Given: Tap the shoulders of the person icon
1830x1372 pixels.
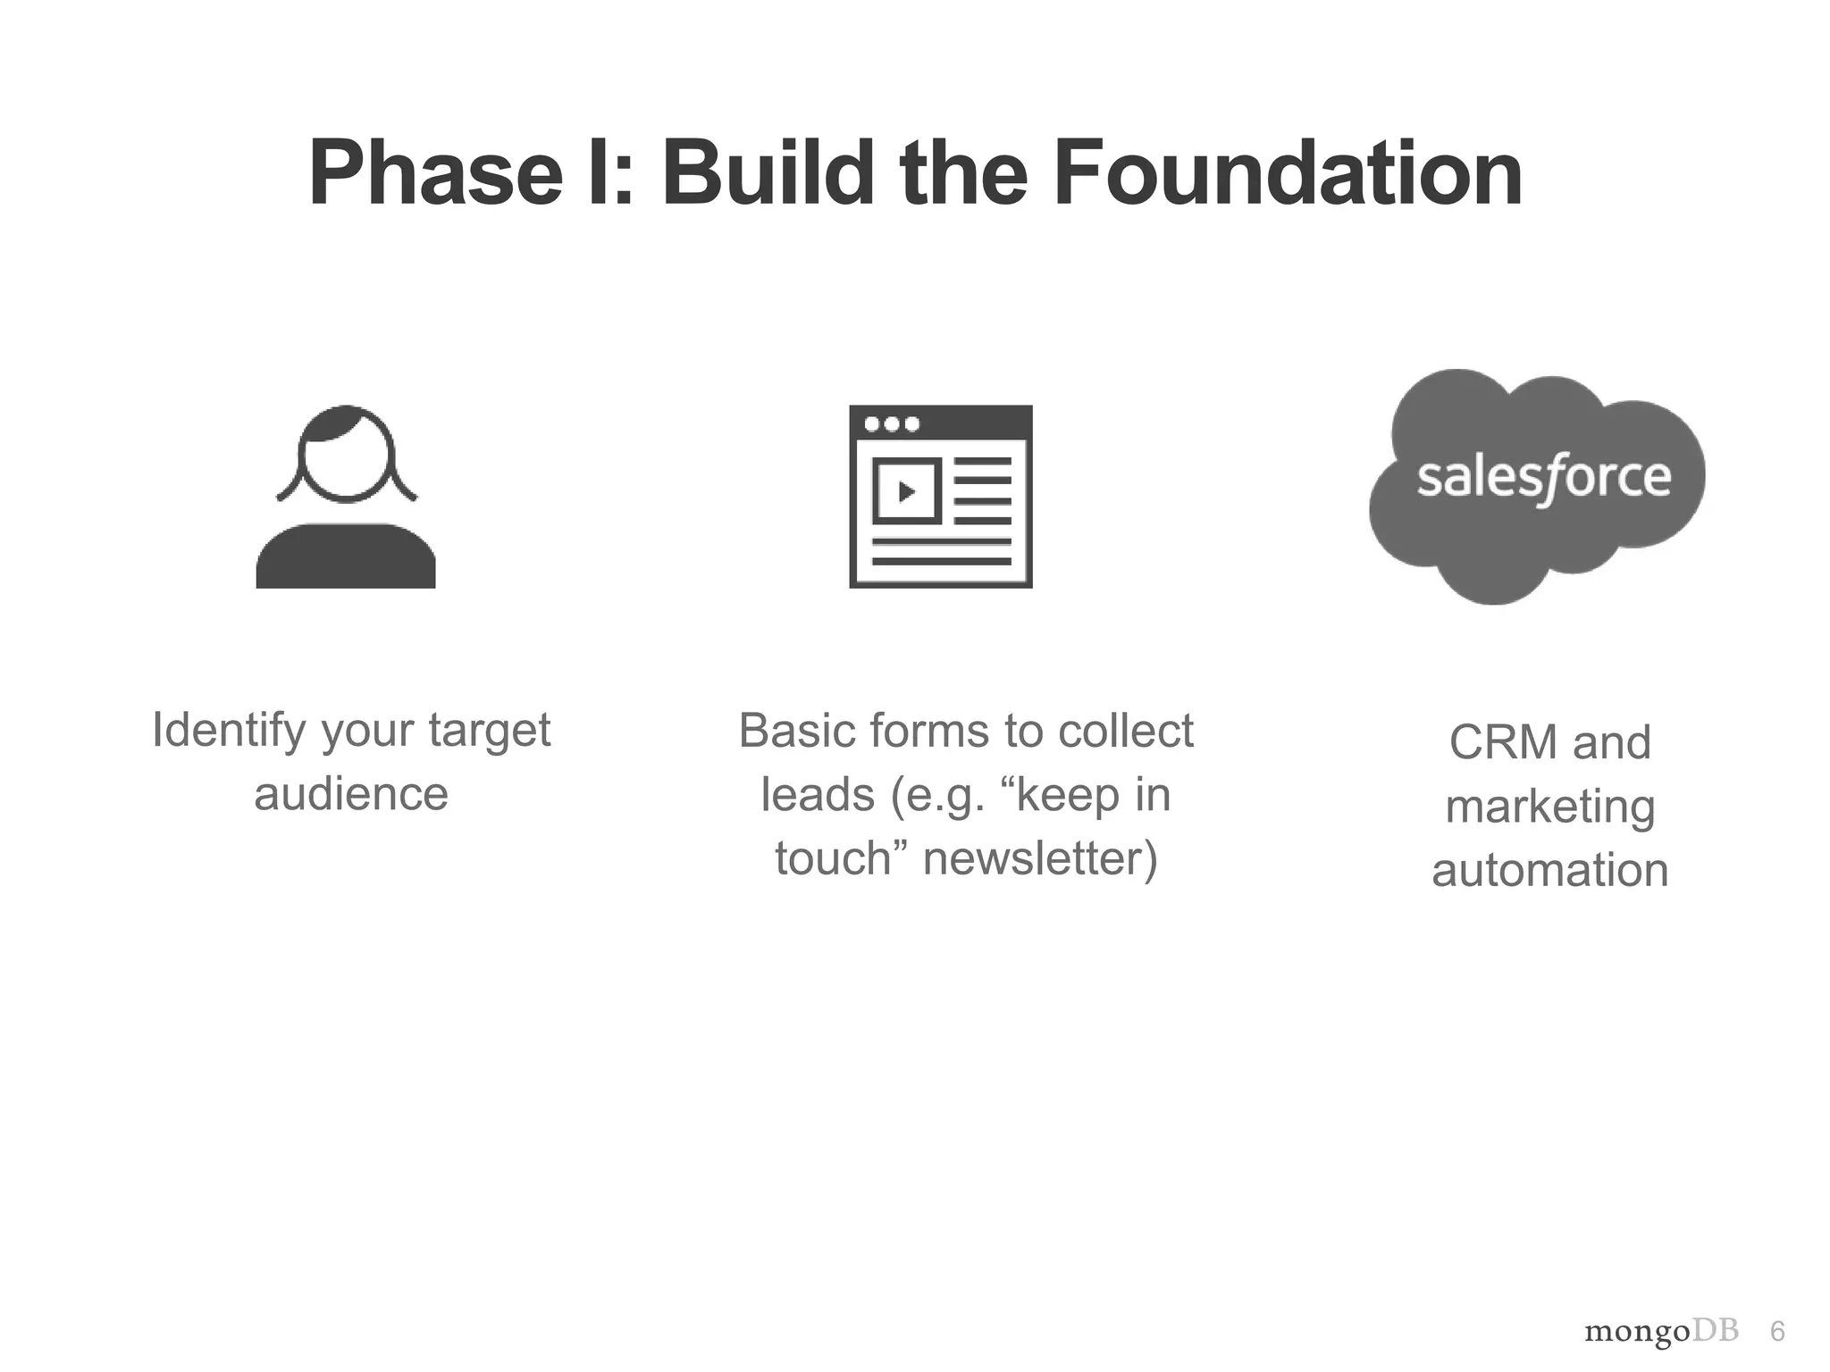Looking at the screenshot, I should [x=346, y=557].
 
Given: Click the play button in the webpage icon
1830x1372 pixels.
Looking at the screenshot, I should [x=906, y=491].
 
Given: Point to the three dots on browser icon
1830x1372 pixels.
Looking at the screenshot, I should [x=892, y=423].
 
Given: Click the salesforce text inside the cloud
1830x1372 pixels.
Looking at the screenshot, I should [x=1543, y=477].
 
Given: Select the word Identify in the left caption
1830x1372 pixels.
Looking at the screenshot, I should [x=229, y=731].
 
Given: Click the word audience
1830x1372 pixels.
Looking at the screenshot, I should [x=351, y=794].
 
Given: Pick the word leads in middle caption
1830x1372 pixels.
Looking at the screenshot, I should [x=817, y=794].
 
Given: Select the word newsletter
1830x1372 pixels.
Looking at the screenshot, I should [x=1039, y=857].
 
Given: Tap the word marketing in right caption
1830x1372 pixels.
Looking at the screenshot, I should [x=1550, y=807].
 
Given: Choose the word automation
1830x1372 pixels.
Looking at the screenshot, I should [x=1550, y=870].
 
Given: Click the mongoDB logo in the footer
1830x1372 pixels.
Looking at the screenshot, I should [x=1661, y=1332].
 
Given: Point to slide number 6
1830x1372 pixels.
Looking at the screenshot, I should [x=1777, y=1332].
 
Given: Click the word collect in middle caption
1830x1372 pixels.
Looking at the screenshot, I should [x=1125, y=731].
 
